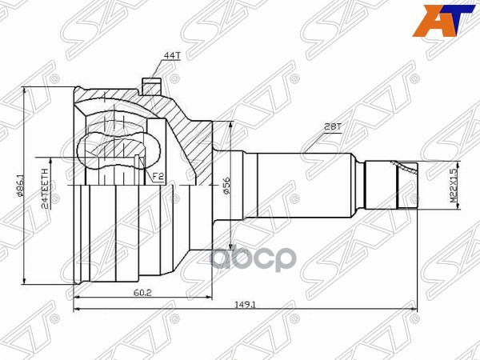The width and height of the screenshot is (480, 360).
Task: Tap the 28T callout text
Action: click(x=333, y=126)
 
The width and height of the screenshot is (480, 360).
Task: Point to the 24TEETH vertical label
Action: click(x=47, y=186)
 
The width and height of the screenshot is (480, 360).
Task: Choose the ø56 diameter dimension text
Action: click(x=226, y=186)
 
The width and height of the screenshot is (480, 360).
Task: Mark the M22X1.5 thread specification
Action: click(x=452, y=186)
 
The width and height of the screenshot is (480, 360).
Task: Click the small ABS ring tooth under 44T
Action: click(x=148, y=84)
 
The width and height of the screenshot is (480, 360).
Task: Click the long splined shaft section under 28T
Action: click(x=304, y=186)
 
